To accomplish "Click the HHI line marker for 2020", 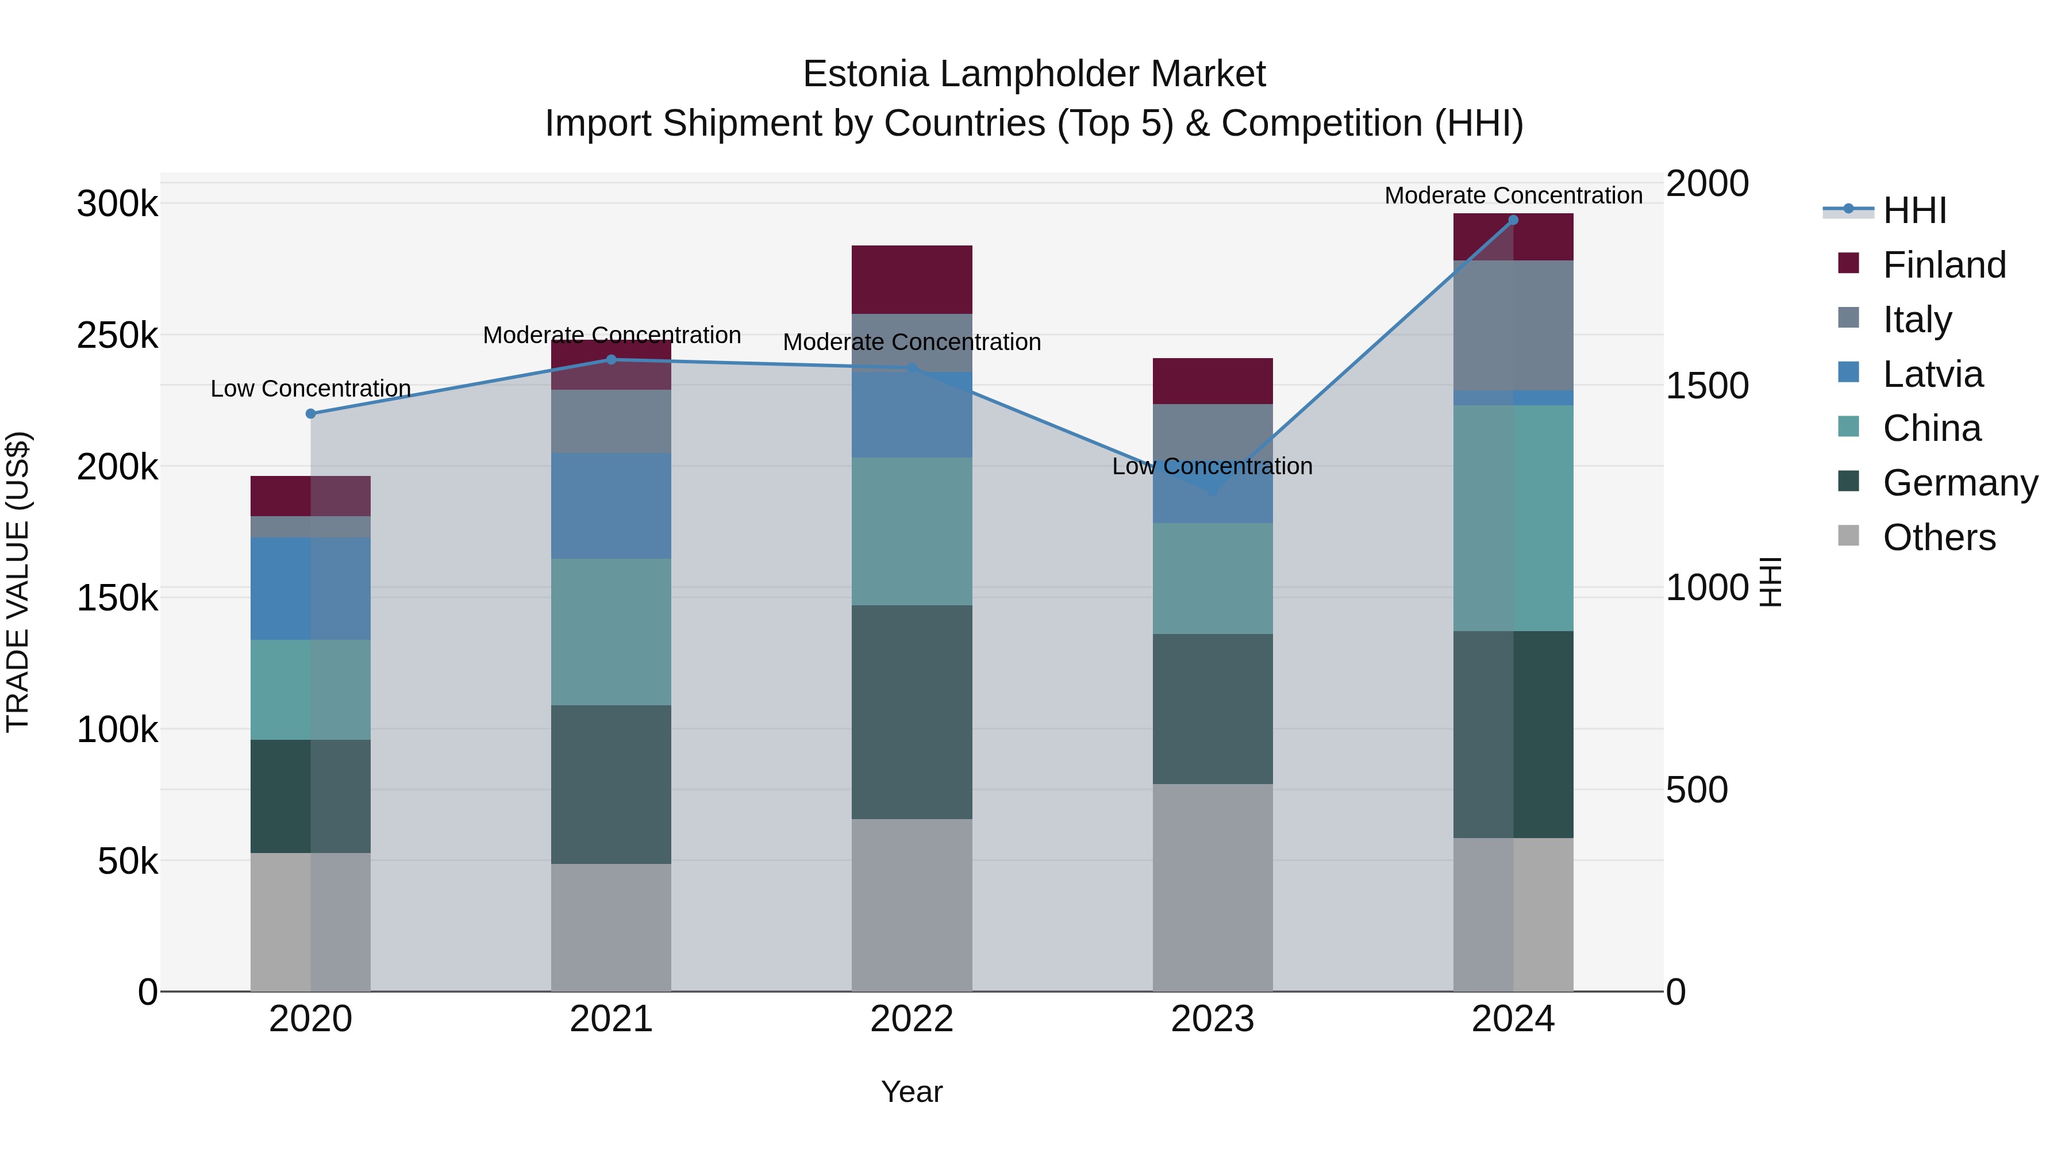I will (x=311, y=414).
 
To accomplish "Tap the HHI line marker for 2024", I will (x=1513, y=220).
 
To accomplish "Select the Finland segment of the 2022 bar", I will (x=912, y=279).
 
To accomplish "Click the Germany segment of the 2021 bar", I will (x=612, y=784).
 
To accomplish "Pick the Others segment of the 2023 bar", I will (x=1213, y=887).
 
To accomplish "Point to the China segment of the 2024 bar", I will (x=1513, y=518).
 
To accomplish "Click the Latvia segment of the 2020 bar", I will (x=311, y=589).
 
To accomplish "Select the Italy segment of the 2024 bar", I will (x=1513, y=325).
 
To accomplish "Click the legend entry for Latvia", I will (x=1932, y=374).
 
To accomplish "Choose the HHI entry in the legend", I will (x=1914, y=210).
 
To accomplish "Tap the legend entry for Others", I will (x=1938, y=537).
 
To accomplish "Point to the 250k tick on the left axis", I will (x=117, y=336).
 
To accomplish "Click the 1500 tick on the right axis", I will (x=1707, y=386).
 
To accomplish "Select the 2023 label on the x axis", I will (x=1212, y=1019).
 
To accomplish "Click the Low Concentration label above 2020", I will (x=311, y=389).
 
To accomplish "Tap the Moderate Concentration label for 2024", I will (x=1513, y=196).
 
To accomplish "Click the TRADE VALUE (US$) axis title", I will (x=18, y=582).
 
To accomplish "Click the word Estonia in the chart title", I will (x=865, y=74).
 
